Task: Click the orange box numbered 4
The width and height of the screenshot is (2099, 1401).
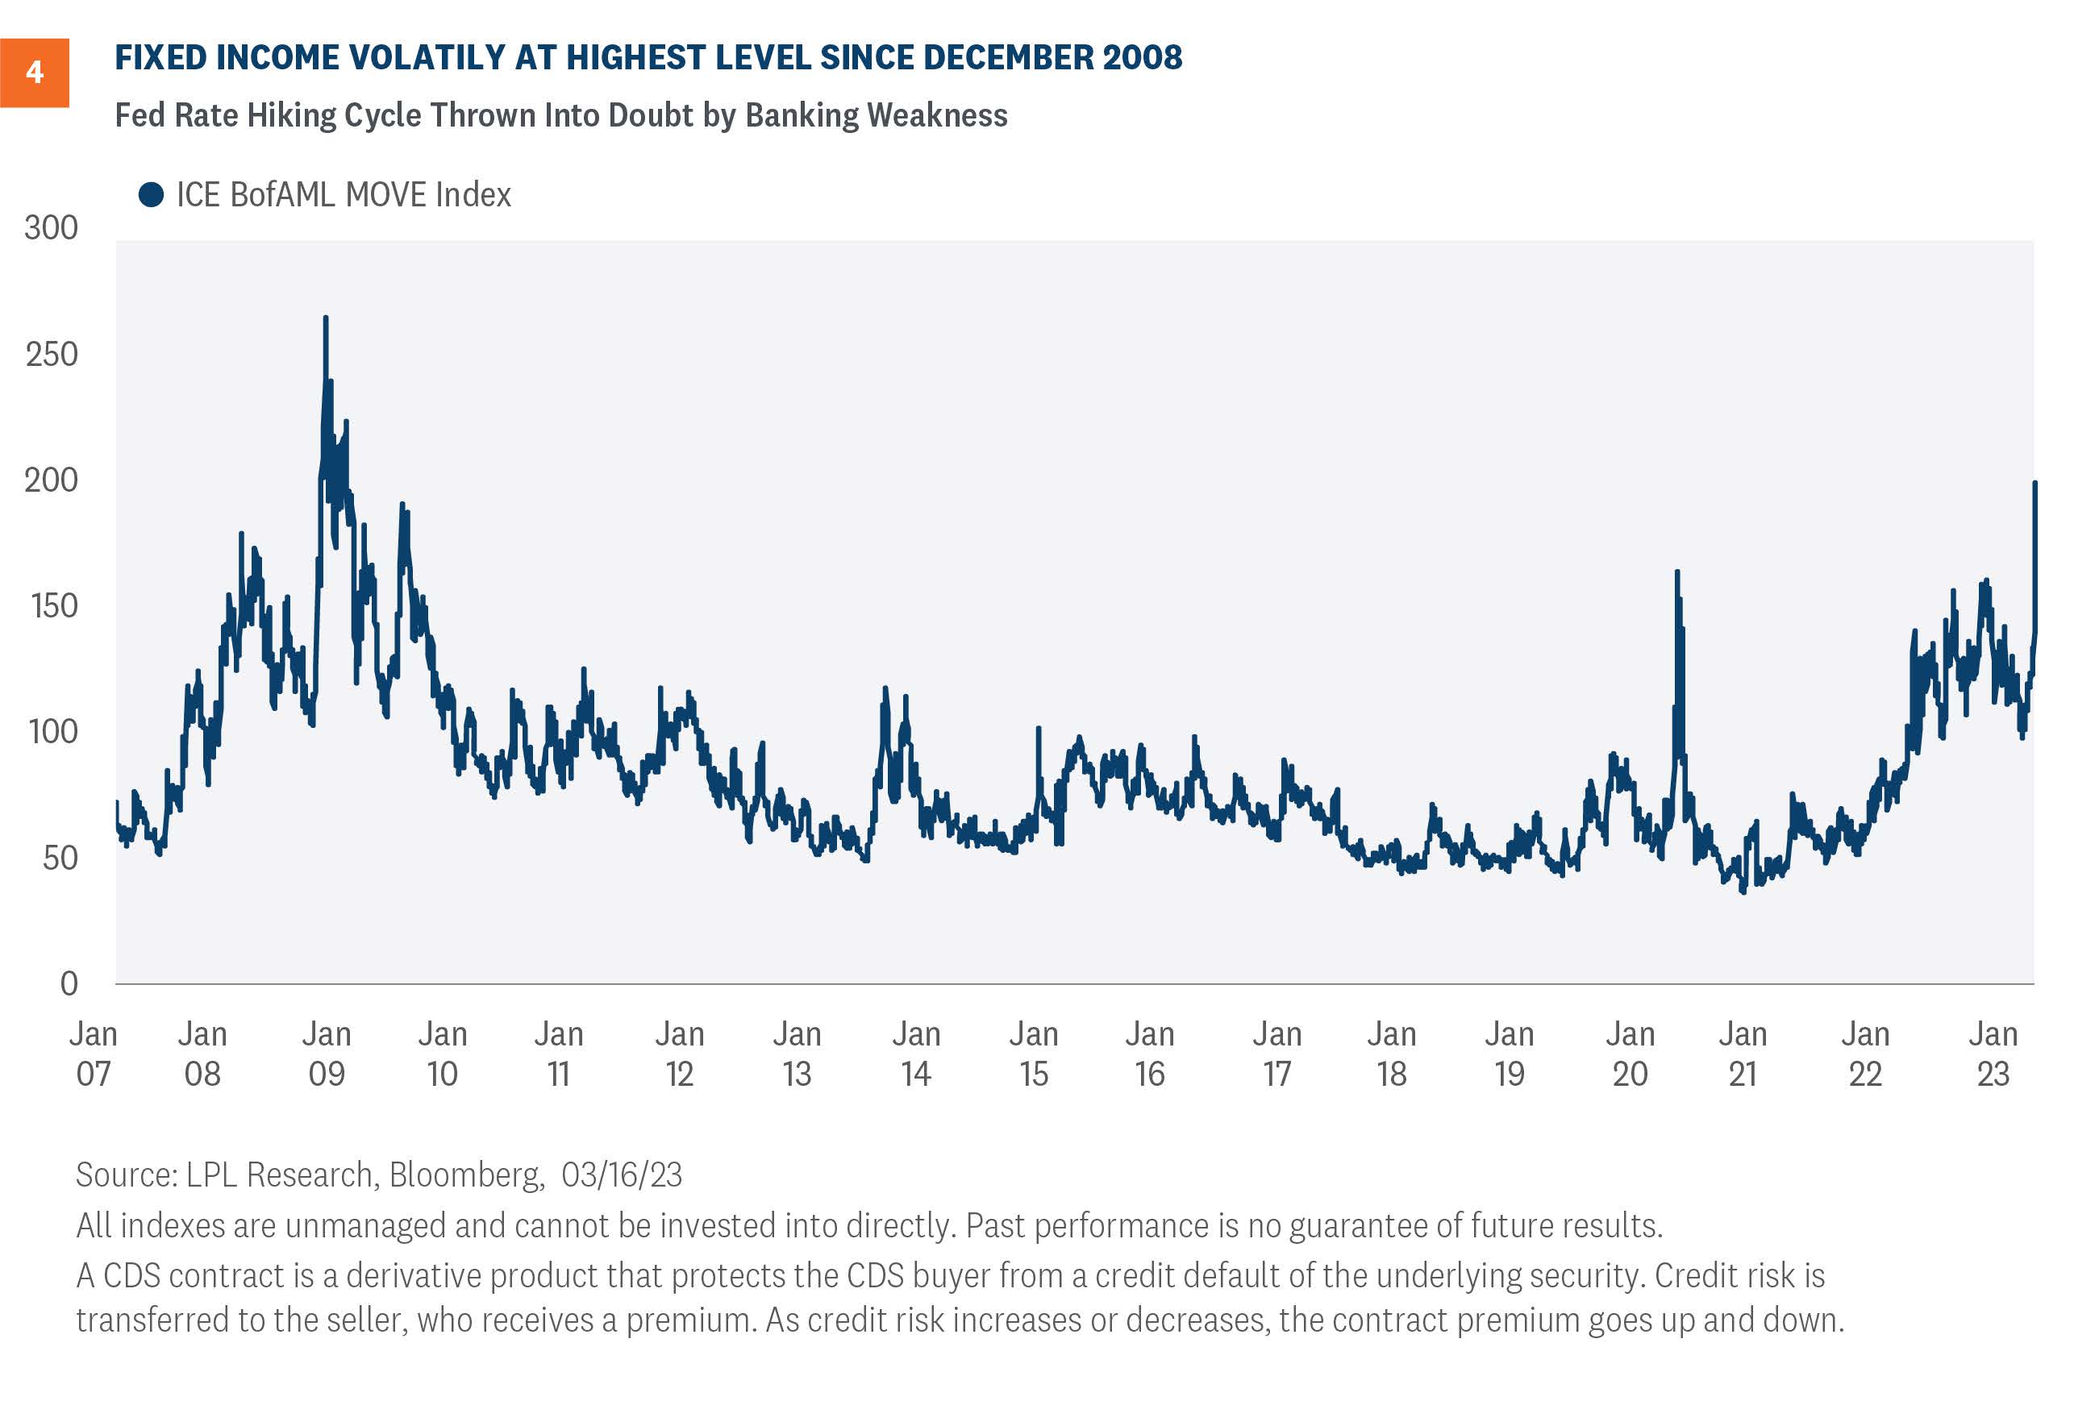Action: [x=34, y=73]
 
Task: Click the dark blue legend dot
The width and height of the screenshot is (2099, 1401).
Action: [x=151, y=195]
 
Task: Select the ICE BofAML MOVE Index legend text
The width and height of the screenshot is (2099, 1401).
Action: [x=344, y=195]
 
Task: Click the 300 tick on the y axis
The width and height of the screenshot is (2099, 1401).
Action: [x=51, y=228]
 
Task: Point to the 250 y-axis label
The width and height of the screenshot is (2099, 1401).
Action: [x=51, y=355]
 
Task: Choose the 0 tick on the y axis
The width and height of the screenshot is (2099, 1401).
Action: [x=69, y=983]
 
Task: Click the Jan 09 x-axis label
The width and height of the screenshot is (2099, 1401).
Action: [x=326, y=1054]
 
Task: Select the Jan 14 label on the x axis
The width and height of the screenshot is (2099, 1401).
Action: [x=916, y=1054]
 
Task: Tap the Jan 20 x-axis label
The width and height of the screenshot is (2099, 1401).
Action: [x=1630, y=1054]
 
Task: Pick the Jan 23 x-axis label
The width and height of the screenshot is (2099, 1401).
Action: [x=1993, y=1054]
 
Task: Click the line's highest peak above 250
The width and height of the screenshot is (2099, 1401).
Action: [x=325, y=317]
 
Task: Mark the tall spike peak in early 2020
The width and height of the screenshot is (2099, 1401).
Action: [x=1677, y=572]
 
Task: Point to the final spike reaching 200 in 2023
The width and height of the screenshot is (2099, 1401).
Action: [x=2034, y=484]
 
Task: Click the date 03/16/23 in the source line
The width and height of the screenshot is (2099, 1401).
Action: [x=622, y=1174]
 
